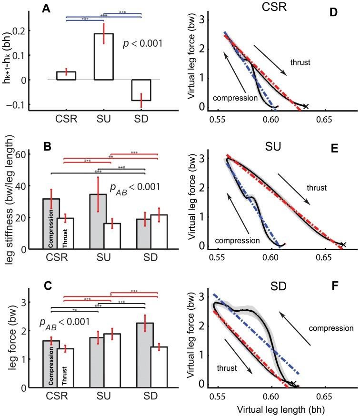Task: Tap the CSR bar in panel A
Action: tap(66, 76)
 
